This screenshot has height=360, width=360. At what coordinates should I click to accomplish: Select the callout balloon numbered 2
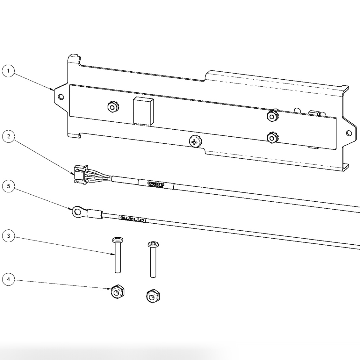coord(9,136)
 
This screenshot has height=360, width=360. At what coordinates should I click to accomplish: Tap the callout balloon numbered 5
coord(9,186)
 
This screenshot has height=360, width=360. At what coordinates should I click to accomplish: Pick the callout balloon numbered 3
coord(9,236)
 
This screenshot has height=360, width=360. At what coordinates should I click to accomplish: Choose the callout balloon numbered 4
coord(9,279)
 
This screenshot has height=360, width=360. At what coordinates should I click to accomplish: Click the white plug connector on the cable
coord(80,175)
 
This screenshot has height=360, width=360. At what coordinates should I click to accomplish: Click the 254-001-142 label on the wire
coord(132,219)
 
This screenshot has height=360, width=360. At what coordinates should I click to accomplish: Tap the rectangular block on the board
coord(143,110)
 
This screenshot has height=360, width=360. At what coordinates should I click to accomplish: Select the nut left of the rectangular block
coord(112,107)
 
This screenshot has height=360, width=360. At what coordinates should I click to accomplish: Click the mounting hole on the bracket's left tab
coord(61,97)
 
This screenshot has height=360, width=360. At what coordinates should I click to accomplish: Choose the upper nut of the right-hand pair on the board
coord(271,116)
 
